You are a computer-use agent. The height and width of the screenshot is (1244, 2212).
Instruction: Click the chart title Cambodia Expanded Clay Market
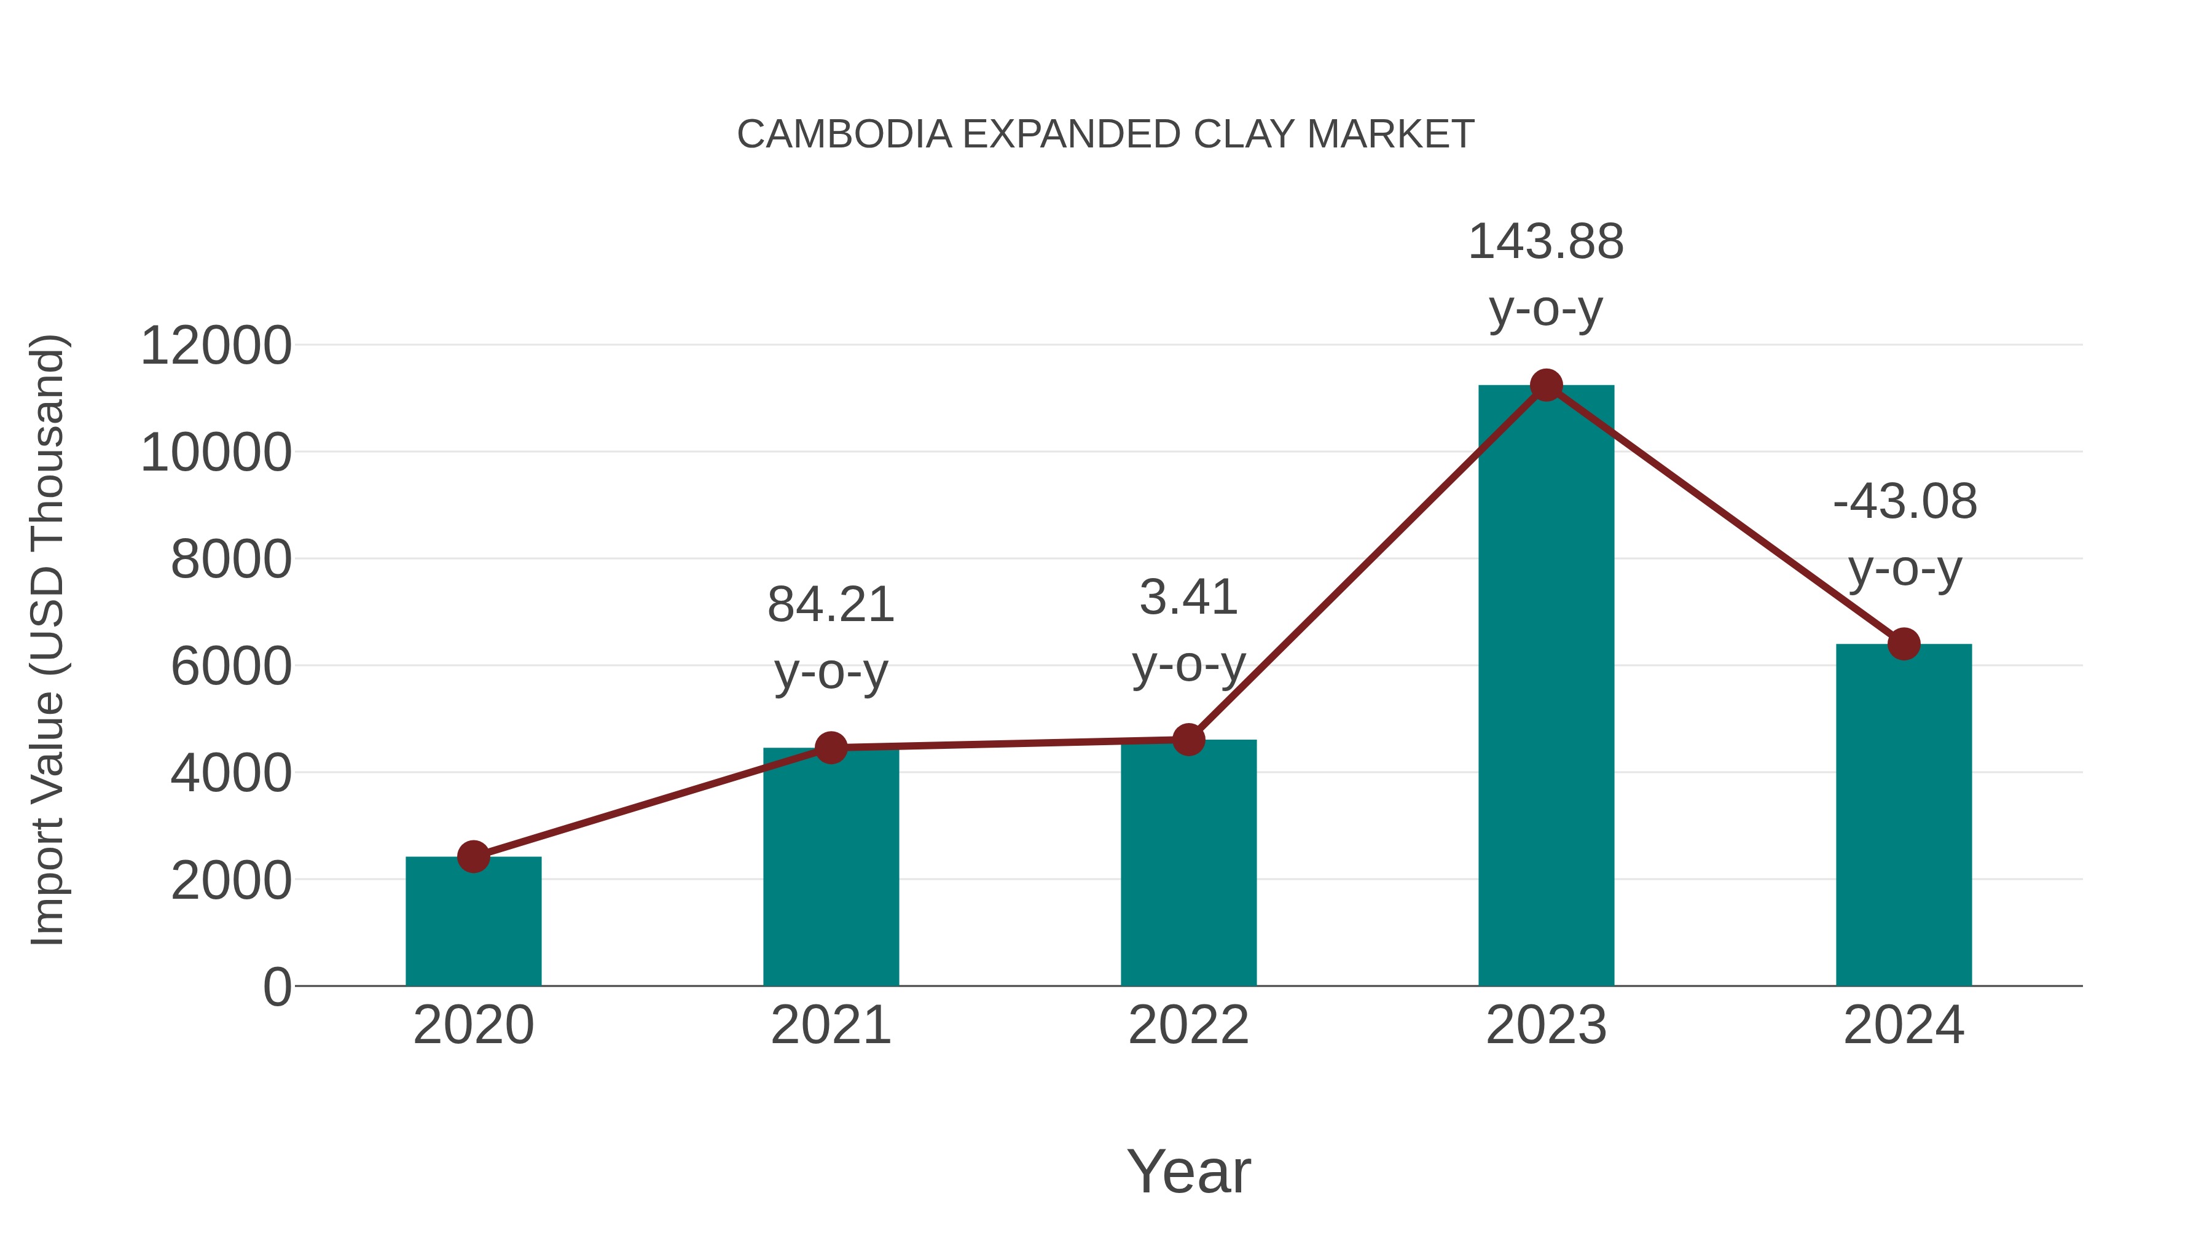pos(1105,135)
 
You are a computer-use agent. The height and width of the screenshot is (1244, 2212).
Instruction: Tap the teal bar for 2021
pos(830,867)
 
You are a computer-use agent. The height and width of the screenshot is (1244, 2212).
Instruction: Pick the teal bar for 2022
pos(1188,863)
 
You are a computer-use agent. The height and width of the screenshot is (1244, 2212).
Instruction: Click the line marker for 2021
pos(830,748)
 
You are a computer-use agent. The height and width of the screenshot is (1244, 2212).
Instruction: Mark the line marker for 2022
pos(1188,739)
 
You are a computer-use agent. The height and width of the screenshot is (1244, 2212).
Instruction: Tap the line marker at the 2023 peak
pos(1546,385)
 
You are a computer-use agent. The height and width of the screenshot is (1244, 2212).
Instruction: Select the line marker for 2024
pos(1904,644)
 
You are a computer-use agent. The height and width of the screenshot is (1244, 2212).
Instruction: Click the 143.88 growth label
pos(1546,242)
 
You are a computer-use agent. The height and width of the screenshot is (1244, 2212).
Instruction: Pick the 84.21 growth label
pos(830,605)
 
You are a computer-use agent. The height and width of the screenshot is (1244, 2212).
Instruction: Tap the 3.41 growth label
pos(1188,598)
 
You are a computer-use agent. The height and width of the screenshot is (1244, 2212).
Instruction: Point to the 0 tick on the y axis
pos(276,987)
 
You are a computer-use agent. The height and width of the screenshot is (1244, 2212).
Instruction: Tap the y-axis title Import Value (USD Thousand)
pos(48,641)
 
